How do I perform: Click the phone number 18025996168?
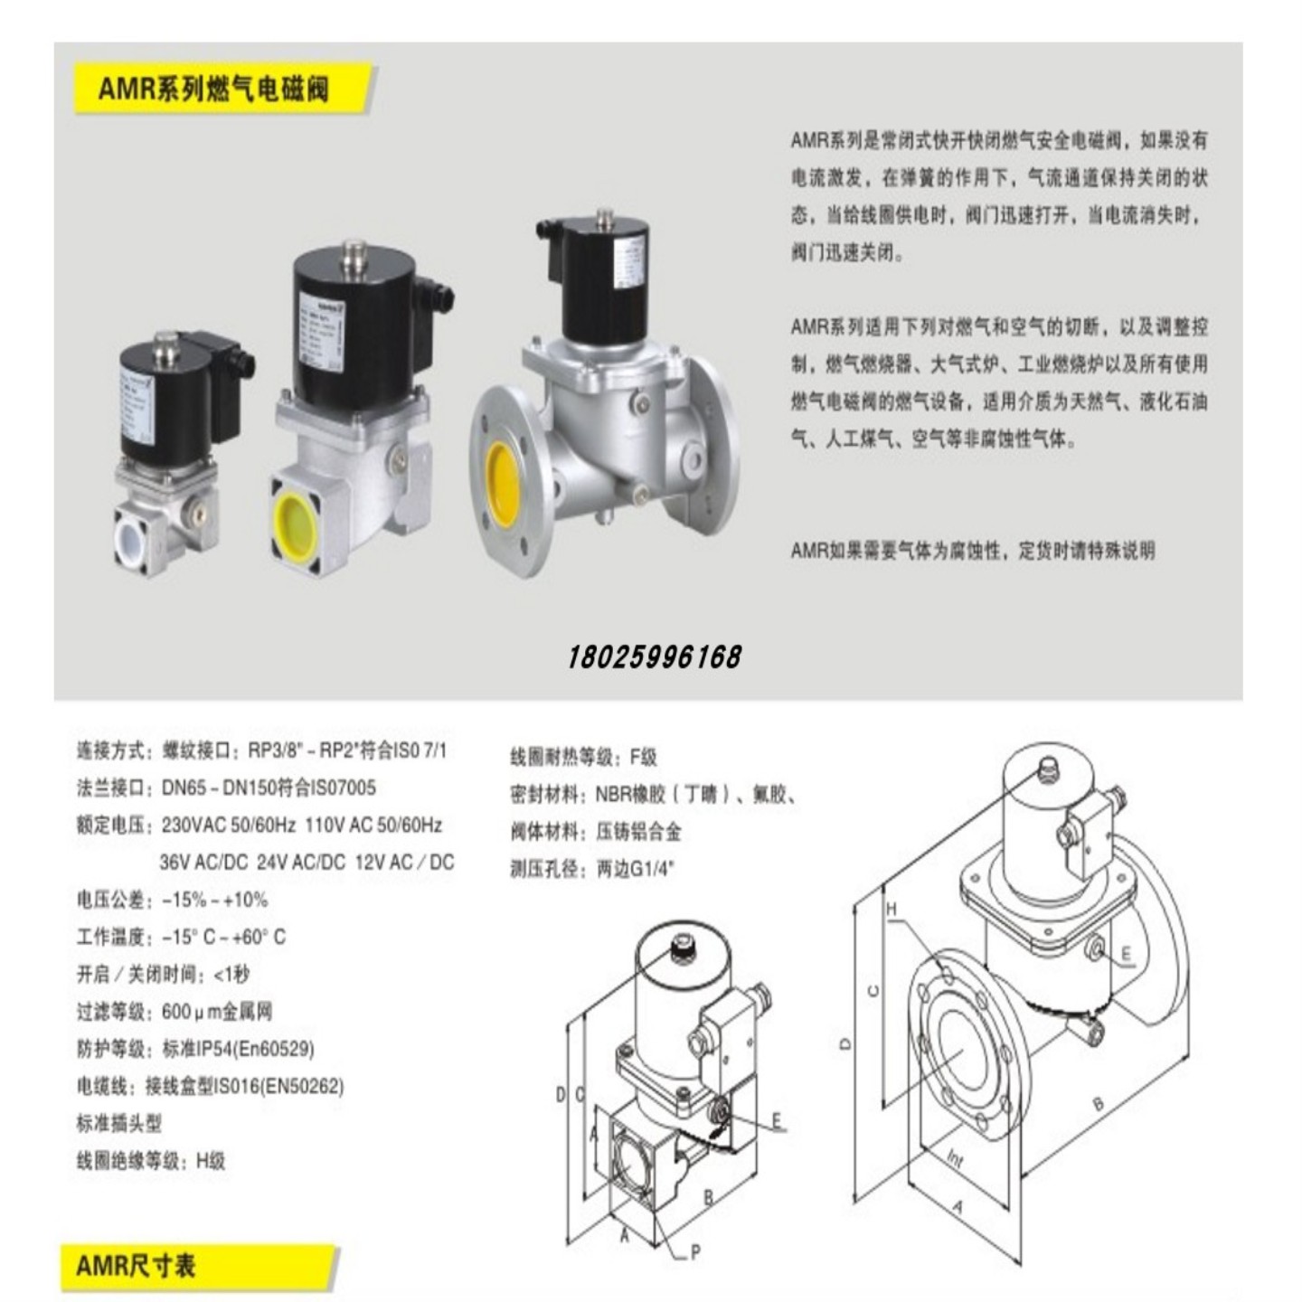pos(655,657)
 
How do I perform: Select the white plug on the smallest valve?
pos(132,537)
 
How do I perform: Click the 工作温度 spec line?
pos(181,937)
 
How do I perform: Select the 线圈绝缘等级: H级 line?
pos(150,1161)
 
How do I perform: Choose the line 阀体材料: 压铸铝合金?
pos(595,832)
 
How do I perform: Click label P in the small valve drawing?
pos(694,1252)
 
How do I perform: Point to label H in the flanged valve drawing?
pos(892,909)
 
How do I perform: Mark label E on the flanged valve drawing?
pos(1126,954)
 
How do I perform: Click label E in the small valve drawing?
pos(776,1121)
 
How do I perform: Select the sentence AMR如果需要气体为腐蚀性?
pos(972,551)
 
